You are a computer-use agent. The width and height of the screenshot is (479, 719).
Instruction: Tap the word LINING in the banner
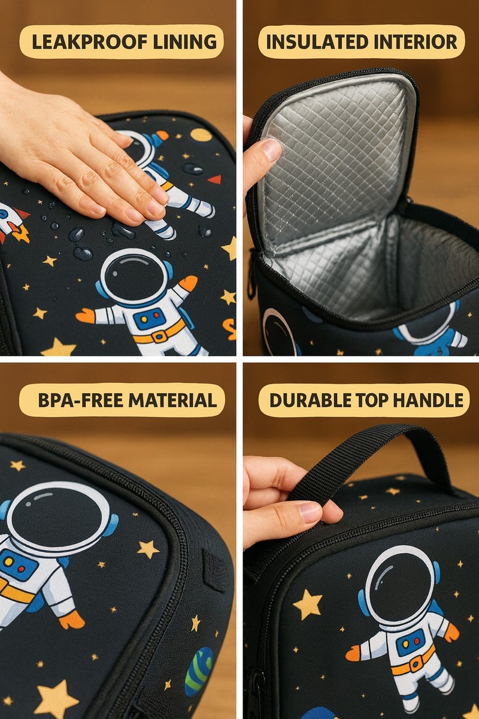189,42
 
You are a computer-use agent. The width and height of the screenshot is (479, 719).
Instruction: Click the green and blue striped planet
199,670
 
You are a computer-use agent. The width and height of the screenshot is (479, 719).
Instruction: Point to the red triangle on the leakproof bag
214,179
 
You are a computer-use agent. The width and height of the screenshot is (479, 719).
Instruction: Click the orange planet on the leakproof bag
201,135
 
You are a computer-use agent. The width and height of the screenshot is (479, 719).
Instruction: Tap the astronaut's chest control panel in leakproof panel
149,319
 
